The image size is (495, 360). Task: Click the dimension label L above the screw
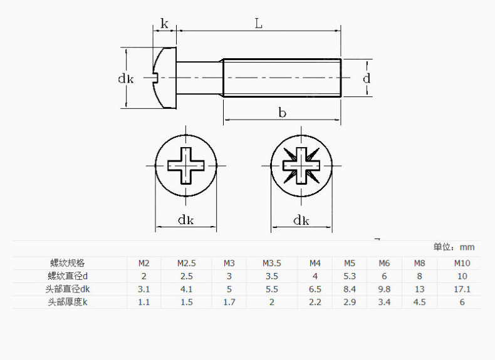click(x=258, y=24)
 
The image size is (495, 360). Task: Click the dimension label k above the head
click(x=164, y=24)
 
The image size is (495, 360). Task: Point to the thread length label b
click(x=283, y=113)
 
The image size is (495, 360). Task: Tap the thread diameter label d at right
click(x=367, y=78)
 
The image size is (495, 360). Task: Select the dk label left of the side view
click(x=126, y=78)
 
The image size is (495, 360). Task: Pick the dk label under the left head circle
click(x=185, y=220)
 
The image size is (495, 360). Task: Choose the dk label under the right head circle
click(x=301, y=220)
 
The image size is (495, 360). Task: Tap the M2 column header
click(x=143, y=263)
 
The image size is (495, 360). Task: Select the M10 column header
click(x=462, y=263)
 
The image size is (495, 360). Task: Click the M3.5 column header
click(x=272, y=263)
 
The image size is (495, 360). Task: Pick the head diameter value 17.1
click(x=462, y=289)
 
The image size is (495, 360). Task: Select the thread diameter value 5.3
click(x=350, y=276)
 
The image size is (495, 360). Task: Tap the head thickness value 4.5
click(x=419, y=302)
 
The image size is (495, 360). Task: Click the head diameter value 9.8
click(x=384, y=289)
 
